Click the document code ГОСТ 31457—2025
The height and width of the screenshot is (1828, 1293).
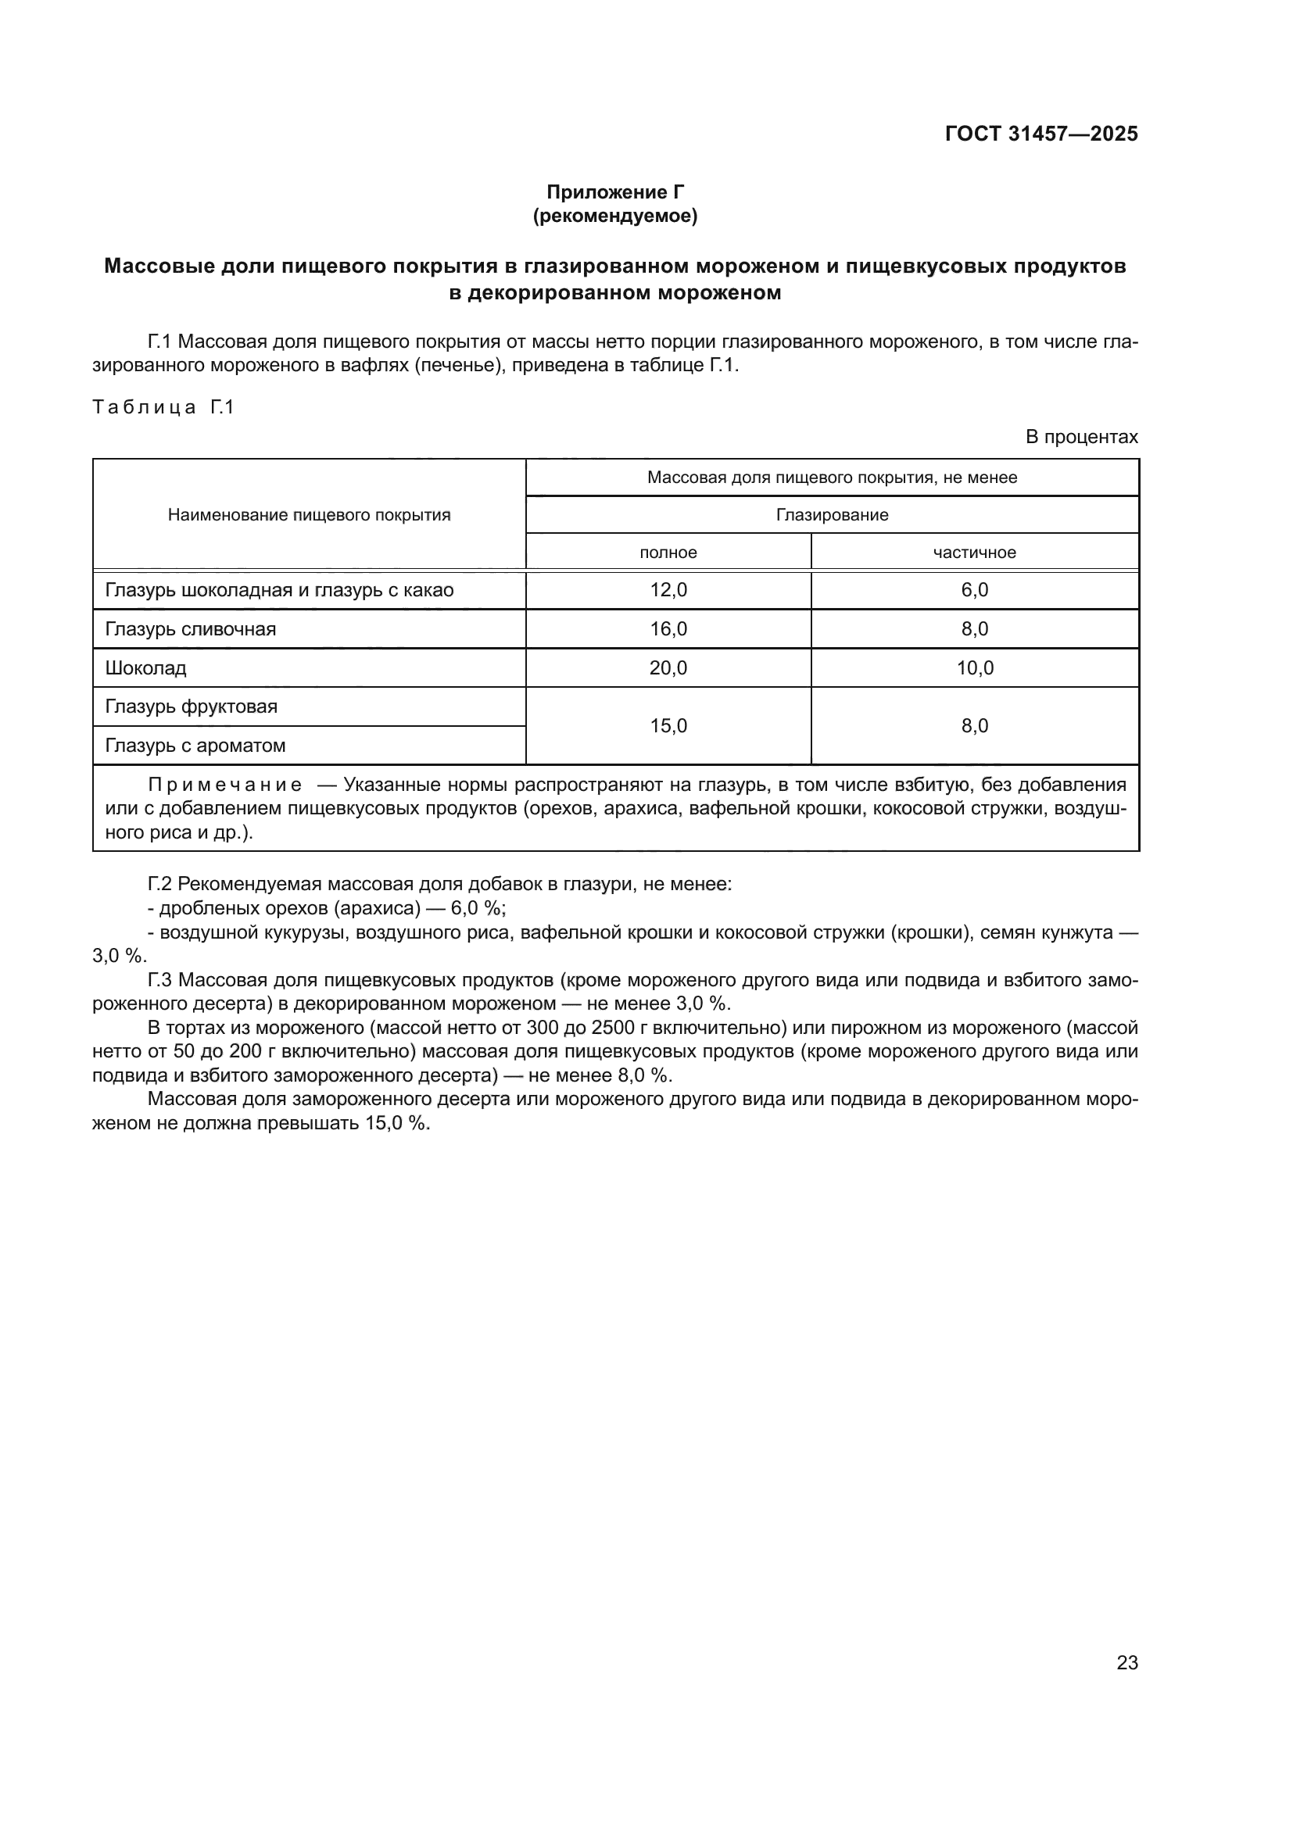1040,134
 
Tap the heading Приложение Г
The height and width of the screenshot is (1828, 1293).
614,192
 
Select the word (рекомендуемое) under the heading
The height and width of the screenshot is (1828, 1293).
614,216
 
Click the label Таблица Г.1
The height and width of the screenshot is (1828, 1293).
163,408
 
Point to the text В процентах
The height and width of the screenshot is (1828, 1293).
1081,437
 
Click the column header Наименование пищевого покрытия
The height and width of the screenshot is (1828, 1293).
309,515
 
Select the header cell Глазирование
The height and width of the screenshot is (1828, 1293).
832,515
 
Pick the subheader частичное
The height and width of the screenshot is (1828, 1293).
975,553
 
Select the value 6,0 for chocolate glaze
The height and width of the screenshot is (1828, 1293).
975,590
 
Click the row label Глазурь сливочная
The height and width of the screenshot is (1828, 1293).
190,629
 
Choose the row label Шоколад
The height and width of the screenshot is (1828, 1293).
145,668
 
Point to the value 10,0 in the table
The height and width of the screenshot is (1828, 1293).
975,668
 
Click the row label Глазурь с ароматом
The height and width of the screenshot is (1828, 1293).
195,746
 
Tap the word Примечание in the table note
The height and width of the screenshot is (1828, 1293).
225,785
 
